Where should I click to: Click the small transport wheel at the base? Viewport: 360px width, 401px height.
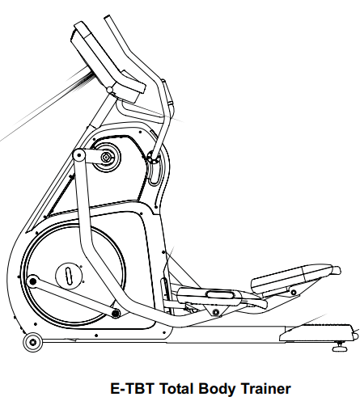pos(33,342)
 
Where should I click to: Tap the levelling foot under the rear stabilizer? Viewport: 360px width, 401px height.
pos(341,347)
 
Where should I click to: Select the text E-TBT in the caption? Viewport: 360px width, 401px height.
pos(132,389)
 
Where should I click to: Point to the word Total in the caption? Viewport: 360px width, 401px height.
pos(176,389)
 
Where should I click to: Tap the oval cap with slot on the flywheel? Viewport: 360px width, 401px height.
pos(69,276)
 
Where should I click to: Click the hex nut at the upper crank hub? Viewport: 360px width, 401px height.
pos(106,157)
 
